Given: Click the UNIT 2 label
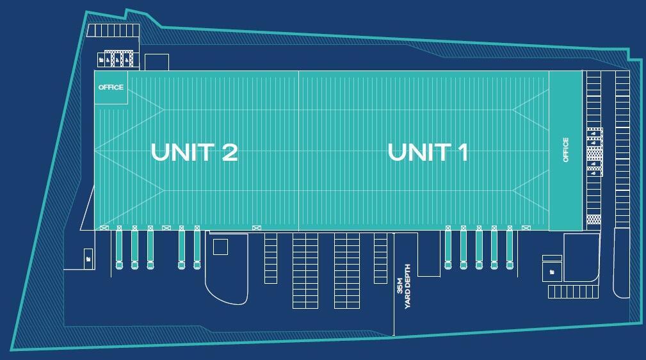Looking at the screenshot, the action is pos(195,152).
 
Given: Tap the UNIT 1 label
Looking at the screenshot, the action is pos(428,152).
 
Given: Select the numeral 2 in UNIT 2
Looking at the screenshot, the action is pos(229,152).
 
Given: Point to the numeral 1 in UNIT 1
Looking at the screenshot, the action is pos(463,152).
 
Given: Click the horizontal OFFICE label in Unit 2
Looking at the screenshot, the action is pos(111,87).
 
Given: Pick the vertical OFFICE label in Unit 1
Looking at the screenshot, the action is pos(566,150).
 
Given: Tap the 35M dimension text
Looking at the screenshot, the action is pos(400,285).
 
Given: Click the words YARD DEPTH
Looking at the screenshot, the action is pos(407,286).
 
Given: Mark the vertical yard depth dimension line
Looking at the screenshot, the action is pos(394,284).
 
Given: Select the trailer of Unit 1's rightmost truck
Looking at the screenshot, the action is pos(510,246).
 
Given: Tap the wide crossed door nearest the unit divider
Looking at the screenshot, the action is pos(256,227).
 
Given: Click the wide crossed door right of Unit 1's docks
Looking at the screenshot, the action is pos(526,227).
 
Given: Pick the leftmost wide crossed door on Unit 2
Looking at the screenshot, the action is pos(104,227).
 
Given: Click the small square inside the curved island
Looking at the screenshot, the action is pos(220,247).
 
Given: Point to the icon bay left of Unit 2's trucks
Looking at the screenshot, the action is pos(88,259).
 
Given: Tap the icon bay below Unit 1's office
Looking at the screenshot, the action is pos(552,272).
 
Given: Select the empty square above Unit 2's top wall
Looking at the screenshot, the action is pos(157,62).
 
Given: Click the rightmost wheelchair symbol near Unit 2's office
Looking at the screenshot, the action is pos(127,60).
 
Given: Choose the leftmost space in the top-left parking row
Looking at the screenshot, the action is pos(91,31).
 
